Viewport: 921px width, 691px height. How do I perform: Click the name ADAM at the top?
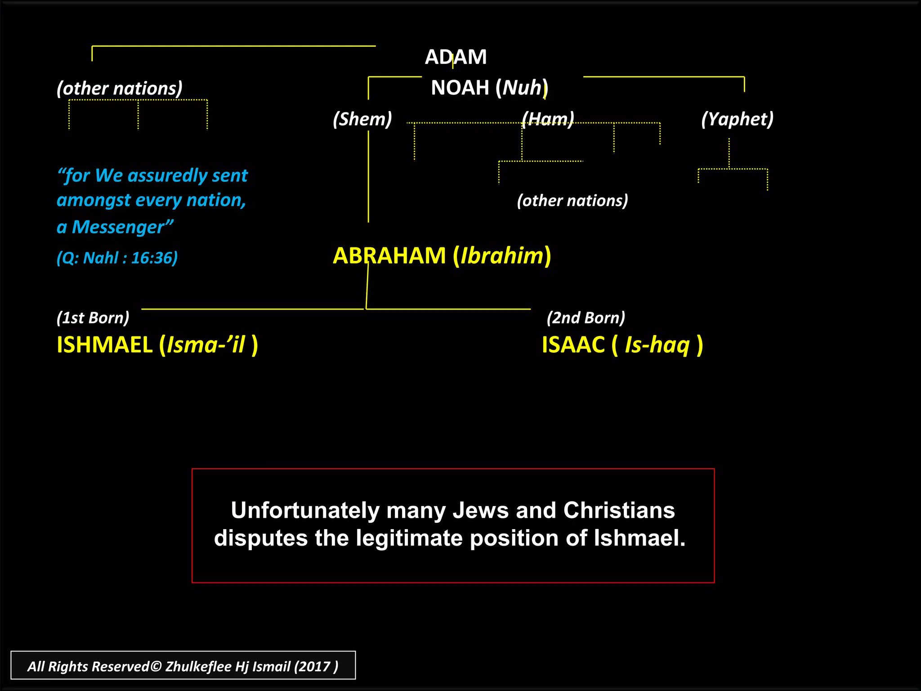(x=456, y=57)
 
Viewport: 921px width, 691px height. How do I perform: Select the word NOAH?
(x=460, y=88)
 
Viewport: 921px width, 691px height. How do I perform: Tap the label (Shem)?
(x=362, y=119)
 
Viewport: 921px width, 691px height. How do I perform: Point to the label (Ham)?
(x=548, y=119)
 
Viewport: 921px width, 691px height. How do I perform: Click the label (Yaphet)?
(x=737, y=119)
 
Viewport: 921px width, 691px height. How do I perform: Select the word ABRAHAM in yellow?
(x=389, y=256)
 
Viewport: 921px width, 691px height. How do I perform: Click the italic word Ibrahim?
(x=502, y=256)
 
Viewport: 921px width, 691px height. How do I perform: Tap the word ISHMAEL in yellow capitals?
(x=105, y=345)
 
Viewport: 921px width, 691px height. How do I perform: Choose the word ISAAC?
(x=573, y=345)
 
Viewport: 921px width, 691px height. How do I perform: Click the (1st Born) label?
(x=93, y=318)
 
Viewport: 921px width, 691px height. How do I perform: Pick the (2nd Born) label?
(x=586, y=318)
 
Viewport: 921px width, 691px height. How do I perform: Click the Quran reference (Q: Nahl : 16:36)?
(x=117, y=258)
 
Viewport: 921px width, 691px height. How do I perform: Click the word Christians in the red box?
(x=619, y=510)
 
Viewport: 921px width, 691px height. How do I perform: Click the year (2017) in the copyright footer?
(x=316, y=666)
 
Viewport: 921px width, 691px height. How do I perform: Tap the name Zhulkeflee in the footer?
(x=198, y=666)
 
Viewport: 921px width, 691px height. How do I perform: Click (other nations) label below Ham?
(x=572, y=201)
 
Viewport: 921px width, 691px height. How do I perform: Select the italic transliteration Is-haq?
(x=657, y=345)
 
